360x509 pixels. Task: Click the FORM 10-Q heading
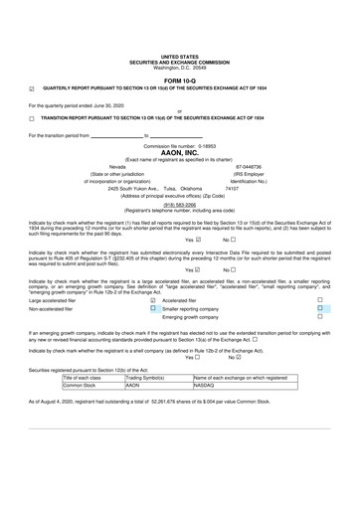[179, 80]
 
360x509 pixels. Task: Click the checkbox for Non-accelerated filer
[152, 337]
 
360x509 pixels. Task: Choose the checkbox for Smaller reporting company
[348, 337]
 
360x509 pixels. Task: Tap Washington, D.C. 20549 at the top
[179, 68]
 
